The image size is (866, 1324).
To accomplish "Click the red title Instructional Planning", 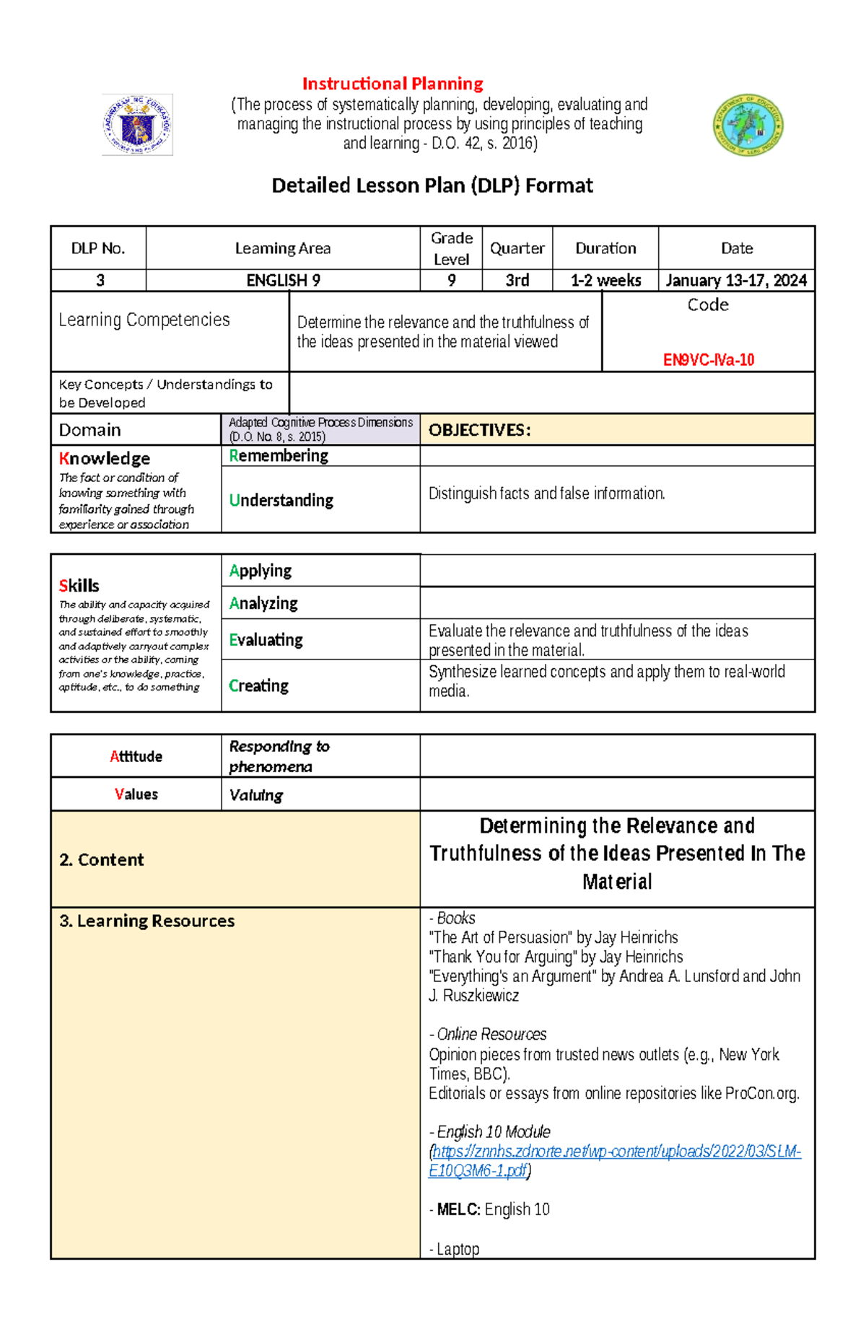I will click(x=393, y=84).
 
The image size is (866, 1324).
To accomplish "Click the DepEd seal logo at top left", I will click(x=137, y=125).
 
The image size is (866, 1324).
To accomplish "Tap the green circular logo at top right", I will click(x=748, y=126).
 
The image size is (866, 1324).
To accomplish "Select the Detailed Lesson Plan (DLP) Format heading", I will click(x=432, y=185).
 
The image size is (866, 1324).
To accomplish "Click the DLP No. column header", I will click(x=98, y=248).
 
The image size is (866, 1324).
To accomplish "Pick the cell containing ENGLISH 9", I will click(x=283, y=281).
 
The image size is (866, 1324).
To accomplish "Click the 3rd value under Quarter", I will click(x=517, y=281).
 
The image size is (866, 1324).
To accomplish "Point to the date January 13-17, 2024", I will click(x=736, y=281).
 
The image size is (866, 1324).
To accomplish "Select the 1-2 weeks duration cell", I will click(x=605, y=281).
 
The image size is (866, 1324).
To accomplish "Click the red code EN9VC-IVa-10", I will click(x=708, y=360).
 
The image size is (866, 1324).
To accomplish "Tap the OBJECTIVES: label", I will click(x=480, y=431).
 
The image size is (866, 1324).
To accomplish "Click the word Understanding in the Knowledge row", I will click(x=281, y=500).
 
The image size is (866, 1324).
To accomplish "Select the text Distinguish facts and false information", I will click(x=546, y=494).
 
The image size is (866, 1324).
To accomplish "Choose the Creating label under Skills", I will click(x=258, y=685).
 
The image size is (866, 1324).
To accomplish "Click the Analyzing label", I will click(x=263, y=603).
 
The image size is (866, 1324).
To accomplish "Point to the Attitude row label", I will click(x=136, y=756).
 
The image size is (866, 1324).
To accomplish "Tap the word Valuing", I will click(x=255, y=795).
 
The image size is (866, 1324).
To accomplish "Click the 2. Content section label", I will click(x=102, y=859).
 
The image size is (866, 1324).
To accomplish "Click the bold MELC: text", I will click(x=458, y=1209).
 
